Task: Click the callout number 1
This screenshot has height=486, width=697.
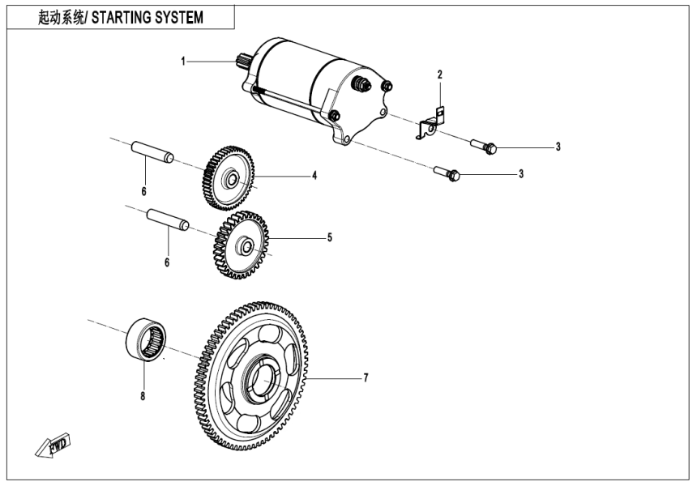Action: pos(184,61)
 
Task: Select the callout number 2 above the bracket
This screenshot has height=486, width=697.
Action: pos(440,75)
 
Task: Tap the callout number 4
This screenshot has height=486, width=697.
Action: pos(314,175)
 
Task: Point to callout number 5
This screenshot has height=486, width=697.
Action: pos(330,238)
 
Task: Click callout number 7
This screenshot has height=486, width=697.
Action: pos(366,377)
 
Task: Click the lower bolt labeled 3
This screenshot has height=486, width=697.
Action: pos(447,173)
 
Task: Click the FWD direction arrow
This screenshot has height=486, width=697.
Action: pos(53,446)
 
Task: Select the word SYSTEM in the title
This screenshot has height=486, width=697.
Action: pos(175,17)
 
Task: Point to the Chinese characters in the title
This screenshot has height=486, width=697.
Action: pos(56,17)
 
